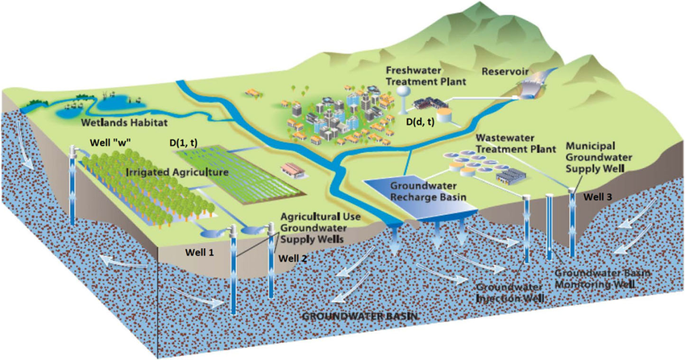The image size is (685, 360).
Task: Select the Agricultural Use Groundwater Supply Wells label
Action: [x=317, y=229]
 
